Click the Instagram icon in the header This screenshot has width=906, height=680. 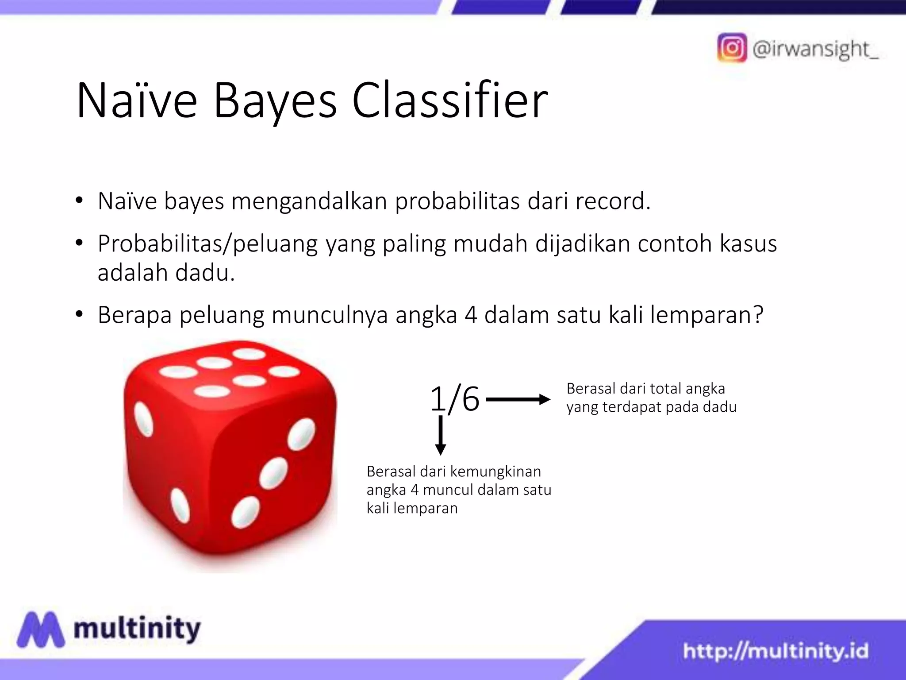coord(732,48)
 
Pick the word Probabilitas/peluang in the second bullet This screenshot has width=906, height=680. coord(208,244)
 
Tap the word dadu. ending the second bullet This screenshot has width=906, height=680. coord(205,273)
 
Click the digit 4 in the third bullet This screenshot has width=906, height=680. coord(471,315)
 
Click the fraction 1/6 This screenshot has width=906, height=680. coord(455,399)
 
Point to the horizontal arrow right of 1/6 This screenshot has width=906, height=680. coord(518,400)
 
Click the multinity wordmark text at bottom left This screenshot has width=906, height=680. coord(137,628)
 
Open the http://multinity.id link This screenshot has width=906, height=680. coord(775,651)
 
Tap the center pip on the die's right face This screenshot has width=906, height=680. coord(274,473)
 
